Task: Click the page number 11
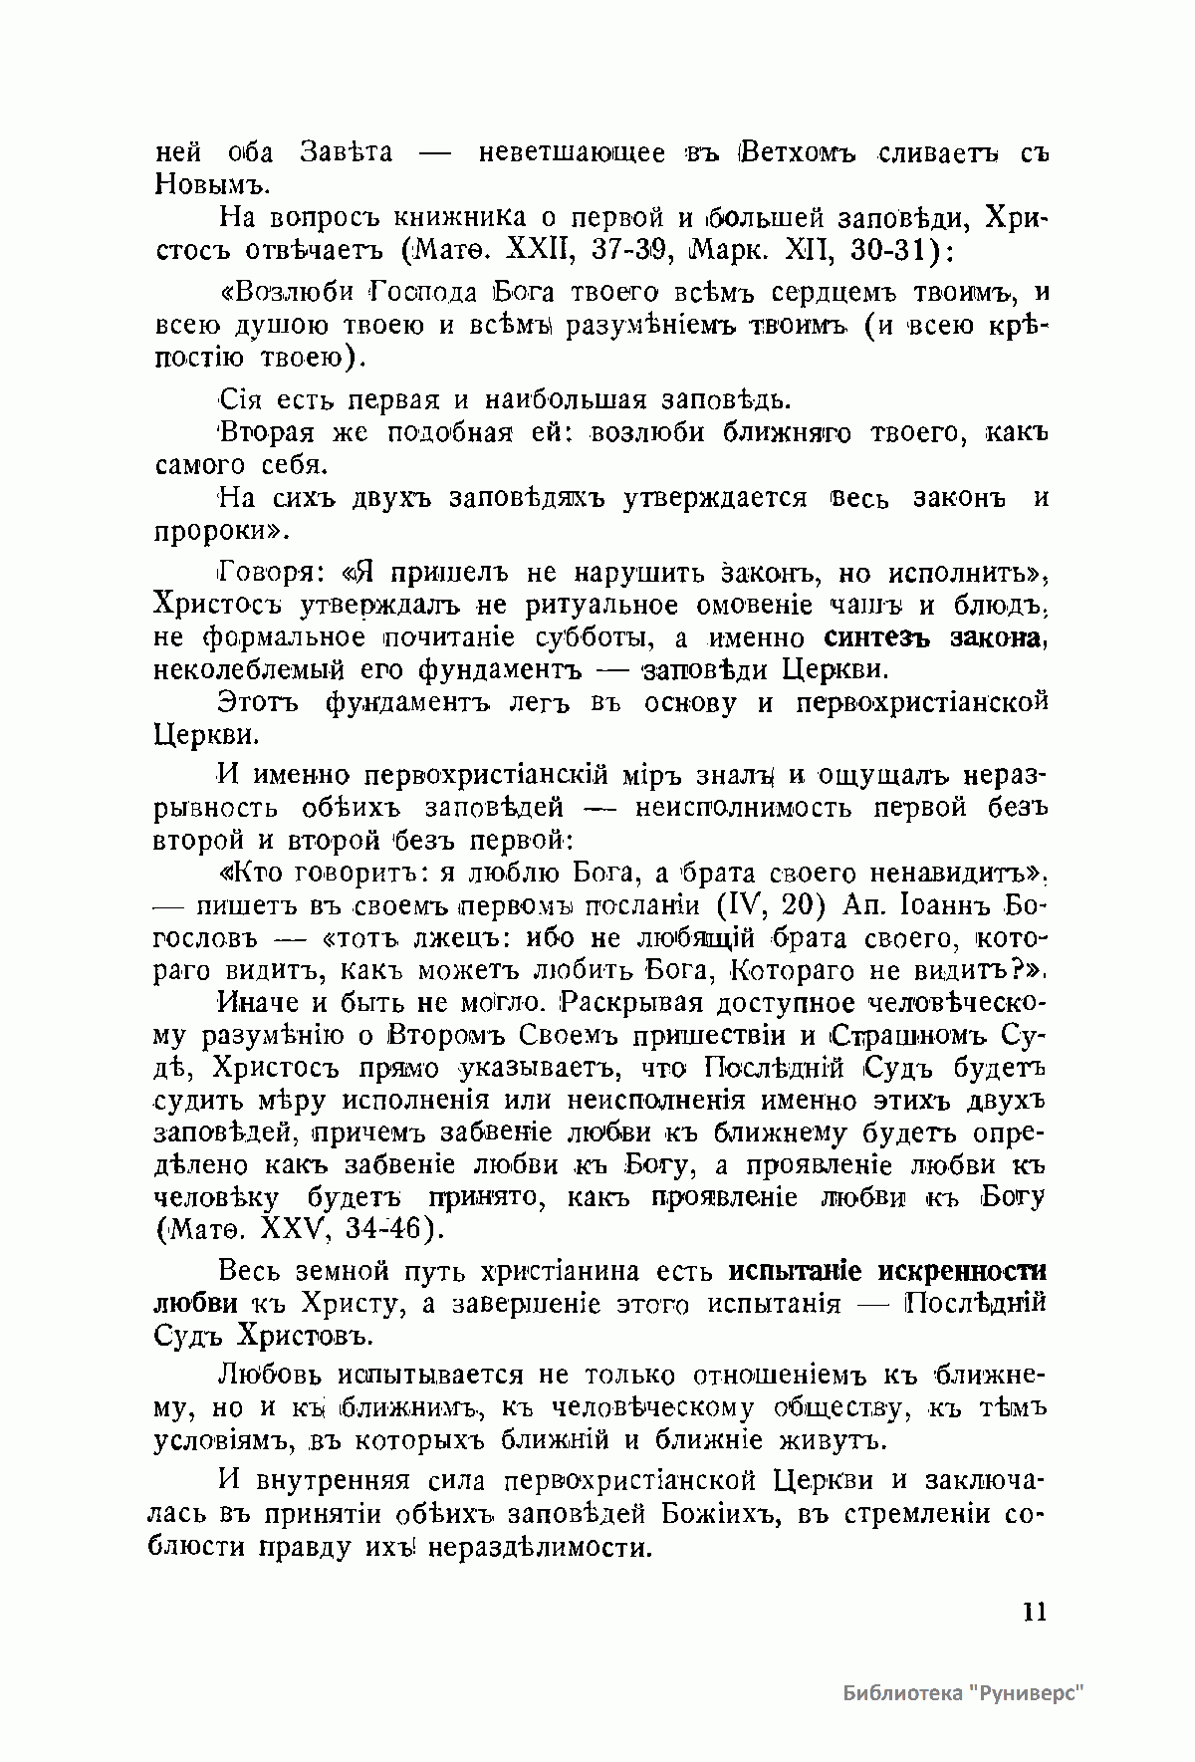click(x=1034, y=1612)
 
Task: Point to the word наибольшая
click(x=564, y=400)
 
